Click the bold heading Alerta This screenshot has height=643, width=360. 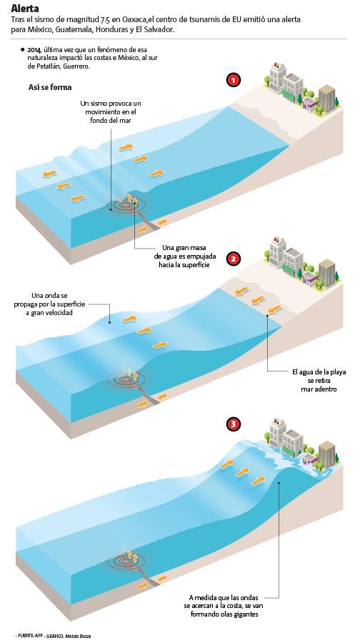click(x=25, y=8)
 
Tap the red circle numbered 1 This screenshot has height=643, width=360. click(x=234, y=81)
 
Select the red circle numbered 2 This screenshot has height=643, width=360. click(x=234, y=259)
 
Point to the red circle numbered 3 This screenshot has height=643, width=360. click(x=234, y=424)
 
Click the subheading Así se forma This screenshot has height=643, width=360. click(x=50, y=87)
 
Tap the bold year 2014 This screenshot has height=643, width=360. click(x=34, y=49)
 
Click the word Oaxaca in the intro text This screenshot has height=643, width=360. click(x=134, y=19)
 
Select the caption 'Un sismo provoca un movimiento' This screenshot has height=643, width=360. click(x=111, y=112)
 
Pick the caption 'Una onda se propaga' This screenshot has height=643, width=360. click(x=59, y=304)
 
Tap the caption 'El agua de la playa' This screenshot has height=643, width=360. click(x=319, y=381)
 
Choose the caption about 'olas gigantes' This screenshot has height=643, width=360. click(x=224, y=606)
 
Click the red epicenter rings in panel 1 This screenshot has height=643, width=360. click(x=129, y=204)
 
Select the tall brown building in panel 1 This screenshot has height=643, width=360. click(x=327, y=99)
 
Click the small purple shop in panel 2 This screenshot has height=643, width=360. click(x=309, y=281)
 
